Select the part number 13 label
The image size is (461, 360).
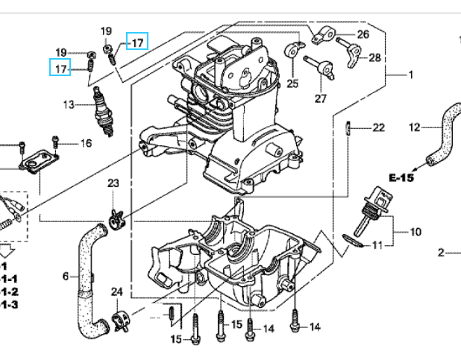(69, 105)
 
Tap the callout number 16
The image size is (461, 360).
(86, 143)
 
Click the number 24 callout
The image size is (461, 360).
(117, 291)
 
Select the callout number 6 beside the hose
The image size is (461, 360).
(66, 277)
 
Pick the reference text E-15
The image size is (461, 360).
(401, 177)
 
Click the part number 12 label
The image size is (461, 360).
(415, 127)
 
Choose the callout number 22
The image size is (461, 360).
(378, 127)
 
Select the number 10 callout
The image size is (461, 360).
(415, 232)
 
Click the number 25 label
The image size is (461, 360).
(292, 83)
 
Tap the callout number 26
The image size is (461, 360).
(363, 34)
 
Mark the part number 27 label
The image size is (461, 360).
(321, 98)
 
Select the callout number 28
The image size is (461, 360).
(374, 57)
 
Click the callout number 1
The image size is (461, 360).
(410, 75)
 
